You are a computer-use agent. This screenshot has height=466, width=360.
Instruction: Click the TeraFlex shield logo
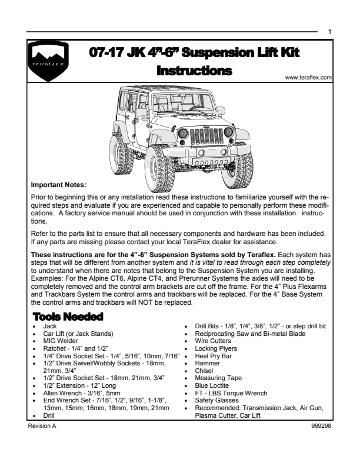click(47, 61)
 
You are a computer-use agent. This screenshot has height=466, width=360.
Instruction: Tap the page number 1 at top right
click(329, 32)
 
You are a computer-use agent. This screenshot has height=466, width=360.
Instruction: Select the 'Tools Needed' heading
click(68, 317)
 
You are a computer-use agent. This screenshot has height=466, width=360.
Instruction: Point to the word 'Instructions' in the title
click(194, 71)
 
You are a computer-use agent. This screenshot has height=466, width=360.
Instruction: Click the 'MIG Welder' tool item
click(61, 341)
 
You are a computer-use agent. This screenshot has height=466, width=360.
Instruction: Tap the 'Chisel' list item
click(204, 371)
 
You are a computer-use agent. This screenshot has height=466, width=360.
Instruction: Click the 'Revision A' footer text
click(42, 424)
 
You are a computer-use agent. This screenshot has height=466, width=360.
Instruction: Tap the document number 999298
click(321, 424)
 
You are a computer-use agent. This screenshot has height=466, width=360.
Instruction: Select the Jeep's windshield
click(174, 104)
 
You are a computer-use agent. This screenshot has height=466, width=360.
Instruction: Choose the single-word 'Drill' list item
click(49, 415)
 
